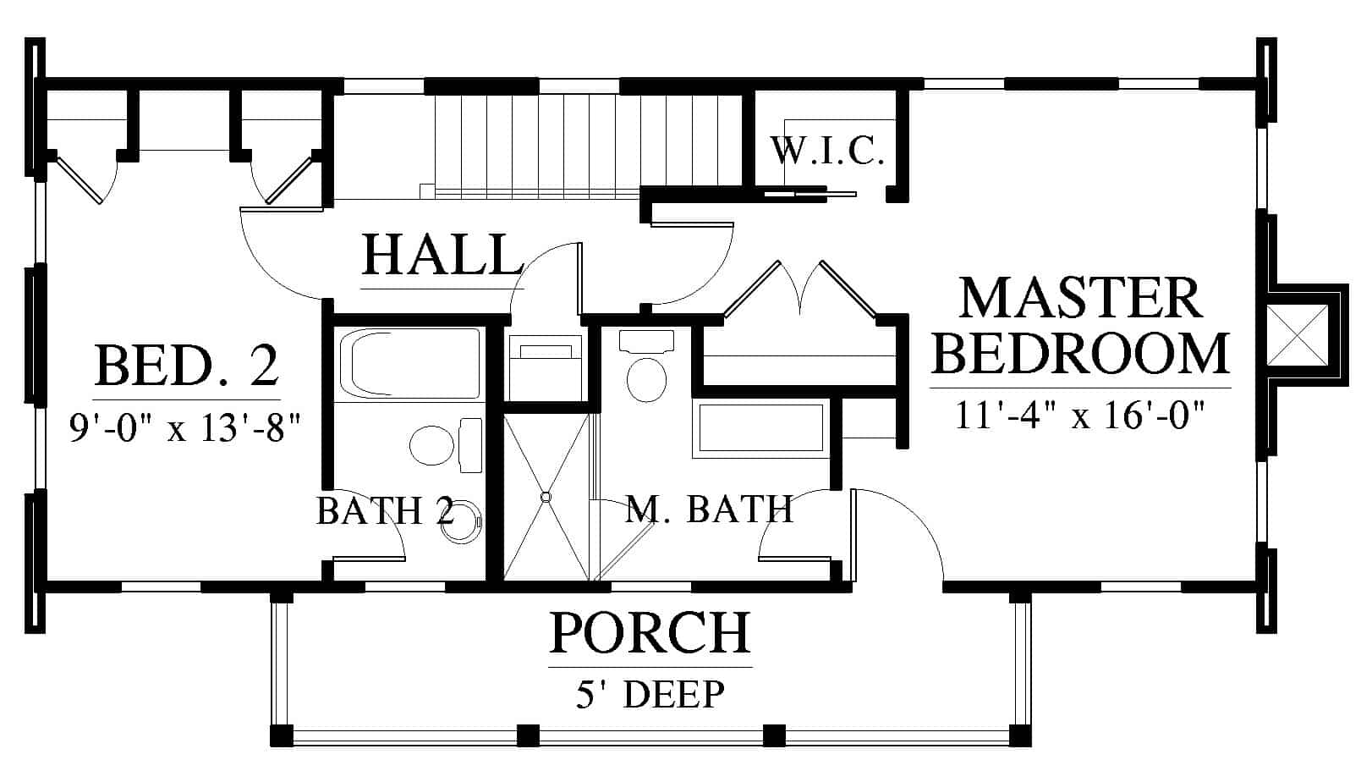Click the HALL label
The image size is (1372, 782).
click(443, 255)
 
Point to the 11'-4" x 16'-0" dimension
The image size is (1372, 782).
click(1080, 415)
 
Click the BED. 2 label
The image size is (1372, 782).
click(187, 366)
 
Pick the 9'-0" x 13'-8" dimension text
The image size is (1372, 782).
click(185, 427)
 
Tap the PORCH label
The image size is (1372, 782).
click(650, 632)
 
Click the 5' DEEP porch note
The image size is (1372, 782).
click(650, 694)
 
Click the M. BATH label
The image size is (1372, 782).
click(710, 509)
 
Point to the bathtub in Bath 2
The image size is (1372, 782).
click(409, 364)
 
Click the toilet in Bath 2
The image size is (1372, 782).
click(445, 445)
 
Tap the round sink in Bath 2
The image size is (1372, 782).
click(461, 522)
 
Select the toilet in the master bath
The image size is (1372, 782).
click(647, 366)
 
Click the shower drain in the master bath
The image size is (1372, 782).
click(546, 497)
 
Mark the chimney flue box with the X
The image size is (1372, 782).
click(1297, 335)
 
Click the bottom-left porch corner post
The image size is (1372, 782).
click(282, 735)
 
